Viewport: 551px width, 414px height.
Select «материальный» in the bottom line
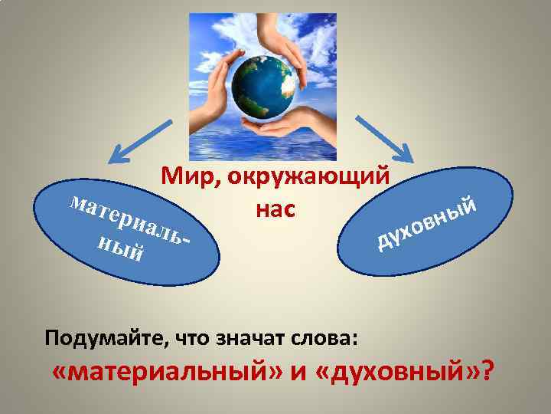(x=169, y=373)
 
